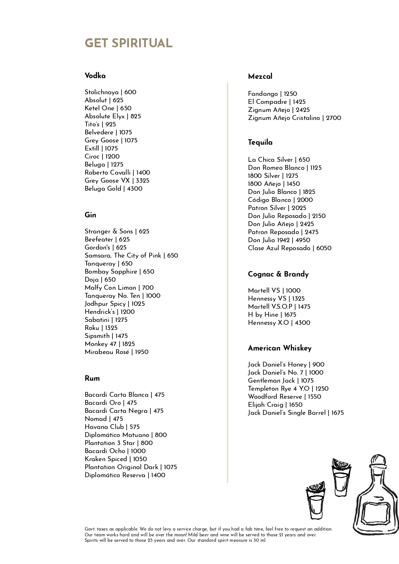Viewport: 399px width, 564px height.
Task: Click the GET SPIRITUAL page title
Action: (x=129, y=43)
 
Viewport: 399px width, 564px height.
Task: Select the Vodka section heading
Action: (x=95, y=76)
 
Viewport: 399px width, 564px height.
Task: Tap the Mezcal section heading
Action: (x=260, y=77)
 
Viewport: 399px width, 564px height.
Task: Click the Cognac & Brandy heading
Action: (x=278, y=274)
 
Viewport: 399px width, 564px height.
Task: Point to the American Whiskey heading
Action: (x=280, y=348)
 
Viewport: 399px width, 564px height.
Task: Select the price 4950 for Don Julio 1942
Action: (x=303, y=240)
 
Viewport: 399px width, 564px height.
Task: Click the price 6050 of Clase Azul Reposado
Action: (x=324, y=248)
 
